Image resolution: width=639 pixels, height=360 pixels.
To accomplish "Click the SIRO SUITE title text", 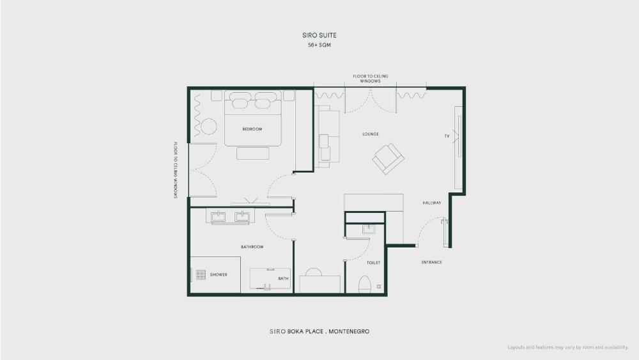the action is coord(319,35).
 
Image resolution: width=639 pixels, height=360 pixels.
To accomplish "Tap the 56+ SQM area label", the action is coord(319,45).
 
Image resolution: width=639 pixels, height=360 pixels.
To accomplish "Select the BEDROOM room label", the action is coord(252,129).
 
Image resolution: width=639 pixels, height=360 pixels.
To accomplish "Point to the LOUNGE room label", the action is coord(371,134).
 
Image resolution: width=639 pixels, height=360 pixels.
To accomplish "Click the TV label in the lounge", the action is coord(447,136).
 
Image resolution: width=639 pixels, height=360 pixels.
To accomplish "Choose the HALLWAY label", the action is coord(431,203).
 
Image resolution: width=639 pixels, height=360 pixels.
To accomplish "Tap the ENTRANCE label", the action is coord(431,262).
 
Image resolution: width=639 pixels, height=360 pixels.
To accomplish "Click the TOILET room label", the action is coord(373,263).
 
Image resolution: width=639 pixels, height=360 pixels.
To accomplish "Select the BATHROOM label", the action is coord(252,247).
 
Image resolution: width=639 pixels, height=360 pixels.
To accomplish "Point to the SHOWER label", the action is coord(219,275).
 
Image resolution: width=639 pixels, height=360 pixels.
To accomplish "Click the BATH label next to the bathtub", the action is coord(283,278).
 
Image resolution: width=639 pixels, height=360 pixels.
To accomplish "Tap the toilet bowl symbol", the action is coord(365,285).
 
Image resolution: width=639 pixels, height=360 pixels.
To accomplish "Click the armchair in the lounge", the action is coord(389,159).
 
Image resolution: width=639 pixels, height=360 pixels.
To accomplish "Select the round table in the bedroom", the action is coord(209,127).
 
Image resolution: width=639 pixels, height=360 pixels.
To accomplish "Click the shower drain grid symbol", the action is coord(201,275).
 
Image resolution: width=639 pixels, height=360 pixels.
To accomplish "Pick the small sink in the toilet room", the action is coord(369,229).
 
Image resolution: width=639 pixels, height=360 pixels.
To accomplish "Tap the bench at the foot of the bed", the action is coord(252,153).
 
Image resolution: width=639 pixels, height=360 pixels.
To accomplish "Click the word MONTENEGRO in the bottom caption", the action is coord(349,331).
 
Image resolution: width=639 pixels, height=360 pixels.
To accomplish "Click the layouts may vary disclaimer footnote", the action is coord(567,347).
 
